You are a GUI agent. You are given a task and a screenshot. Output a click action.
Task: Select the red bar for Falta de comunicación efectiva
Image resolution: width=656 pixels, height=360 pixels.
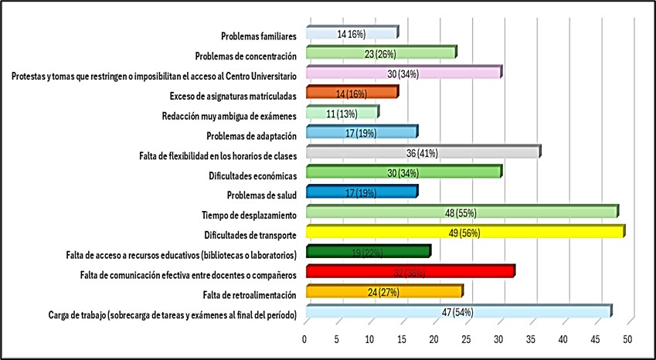point(410,272)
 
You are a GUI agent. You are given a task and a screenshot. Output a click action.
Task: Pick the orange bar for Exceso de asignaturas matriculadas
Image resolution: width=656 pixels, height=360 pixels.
point(352,93)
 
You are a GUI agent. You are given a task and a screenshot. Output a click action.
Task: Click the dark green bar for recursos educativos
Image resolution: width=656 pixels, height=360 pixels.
point(368,252)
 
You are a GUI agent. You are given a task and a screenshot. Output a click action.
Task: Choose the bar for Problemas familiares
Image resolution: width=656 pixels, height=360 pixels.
point(352,34)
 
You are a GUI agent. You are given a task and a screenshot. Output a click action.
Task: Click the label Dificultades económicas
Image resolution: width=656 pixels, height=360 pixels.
point(253,173)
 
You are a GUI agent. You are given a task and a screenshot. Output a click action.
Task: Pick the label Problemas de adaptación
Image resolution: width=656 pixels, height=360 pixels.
point(251,133)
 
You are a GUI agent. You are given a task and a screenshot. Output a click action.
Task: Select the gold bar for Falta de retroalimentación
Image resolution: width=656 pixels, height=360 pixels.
point(384,292)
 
